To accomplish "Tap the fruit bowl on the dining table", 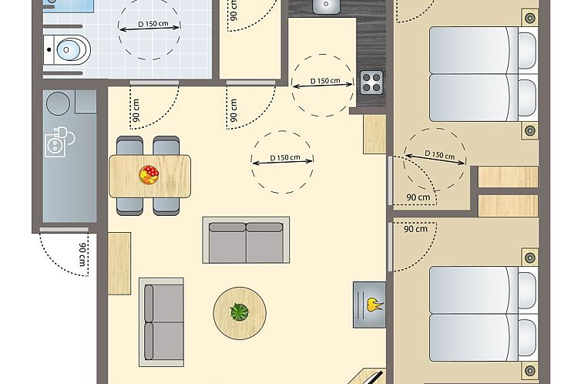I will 149,174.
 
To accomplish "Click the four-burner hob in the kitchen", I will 371,81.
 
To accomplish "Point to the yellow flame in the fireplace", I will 374,303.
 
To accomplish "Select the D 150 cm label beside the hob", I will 325,81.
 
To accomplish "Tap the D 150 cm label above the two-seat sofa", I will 283,158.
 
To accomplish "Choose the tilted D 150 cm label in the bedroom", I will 436,155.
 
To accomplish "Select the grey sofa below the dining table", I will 246,239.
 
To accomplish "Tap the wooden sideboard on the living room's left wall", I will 119,263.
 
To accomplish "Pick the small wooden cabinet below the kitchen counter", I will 374,133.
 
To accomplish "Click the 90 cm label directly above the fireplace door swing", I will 415,229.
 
